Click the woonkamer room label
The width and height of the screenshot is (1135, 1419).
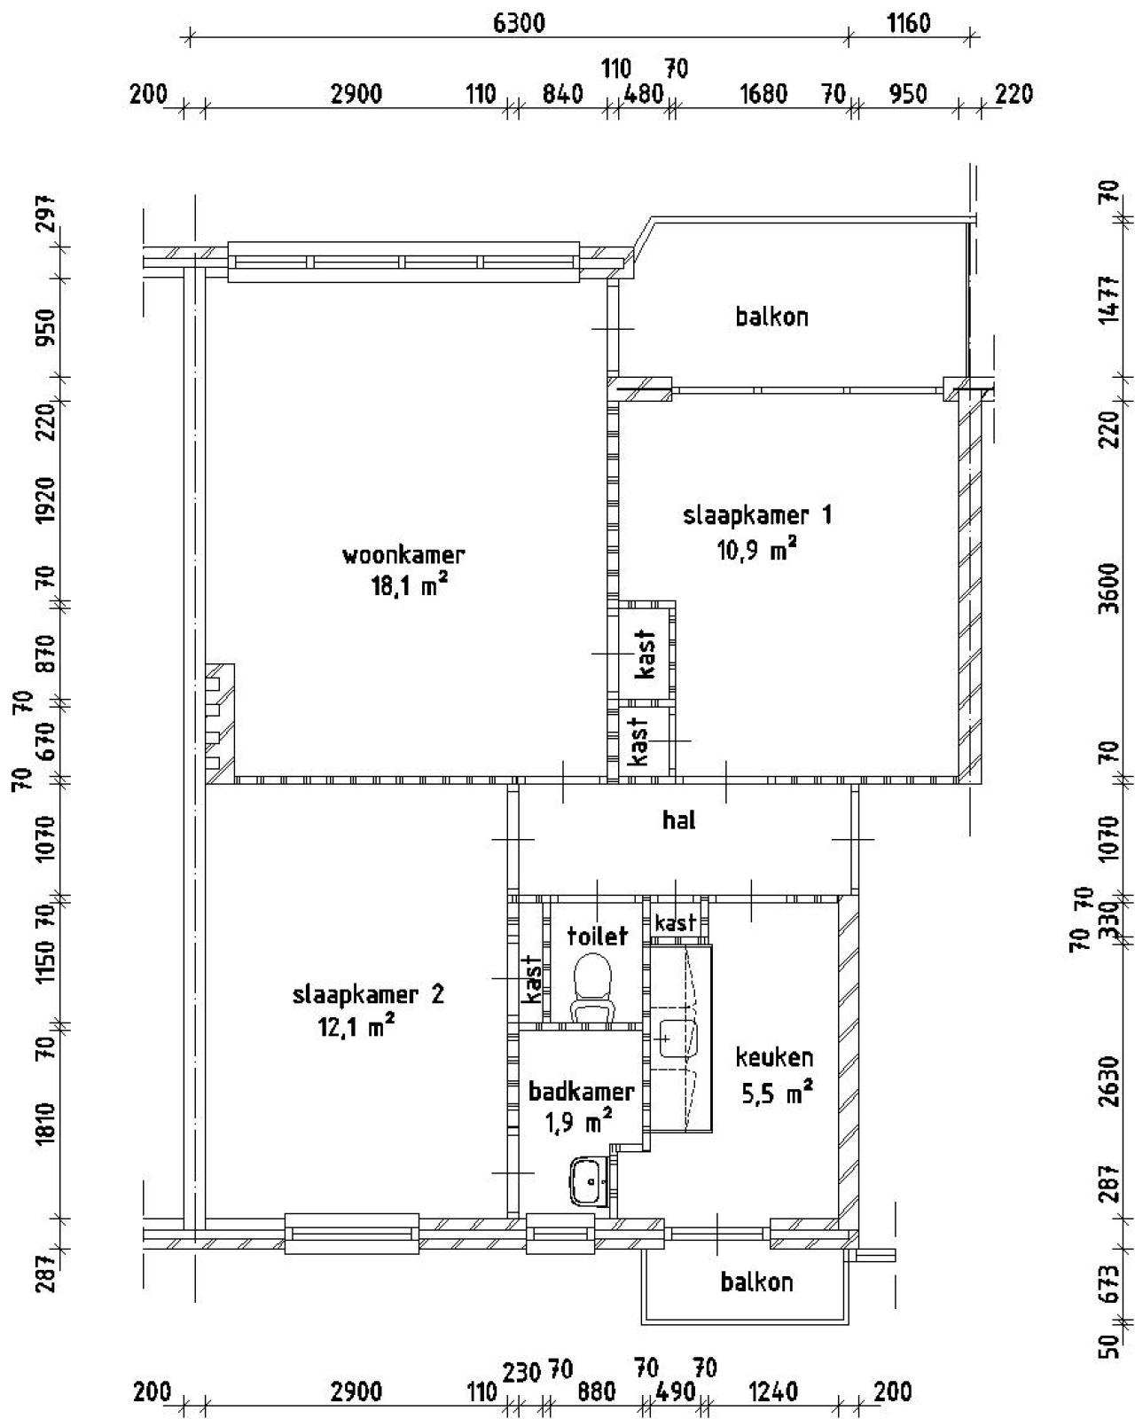pos(403,554)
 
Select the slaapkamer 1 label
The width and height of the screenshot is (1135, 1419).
pos(757,515)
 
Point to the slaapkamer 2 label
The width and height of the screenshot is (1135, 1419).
pos(368,994)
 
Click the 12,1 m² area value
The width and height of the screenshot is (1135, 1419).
pos(356,1026)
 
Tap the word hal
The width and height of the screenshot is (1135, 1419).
pos(679,820)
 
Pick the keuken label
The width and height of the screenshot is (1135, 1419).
pos(774,1058)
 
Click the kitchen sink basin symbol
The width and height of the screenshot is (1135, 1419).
pos(677,1039)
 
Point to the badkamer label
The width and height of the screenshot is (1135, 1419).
pos(581,1092)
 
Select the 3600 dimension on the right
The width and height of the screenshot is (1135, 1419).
pos(1109,588)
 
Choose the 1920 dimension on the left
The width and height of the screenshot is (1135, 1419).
pos(47,500)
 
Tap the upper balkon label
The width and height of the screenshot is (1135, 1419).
pos(771,318)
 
